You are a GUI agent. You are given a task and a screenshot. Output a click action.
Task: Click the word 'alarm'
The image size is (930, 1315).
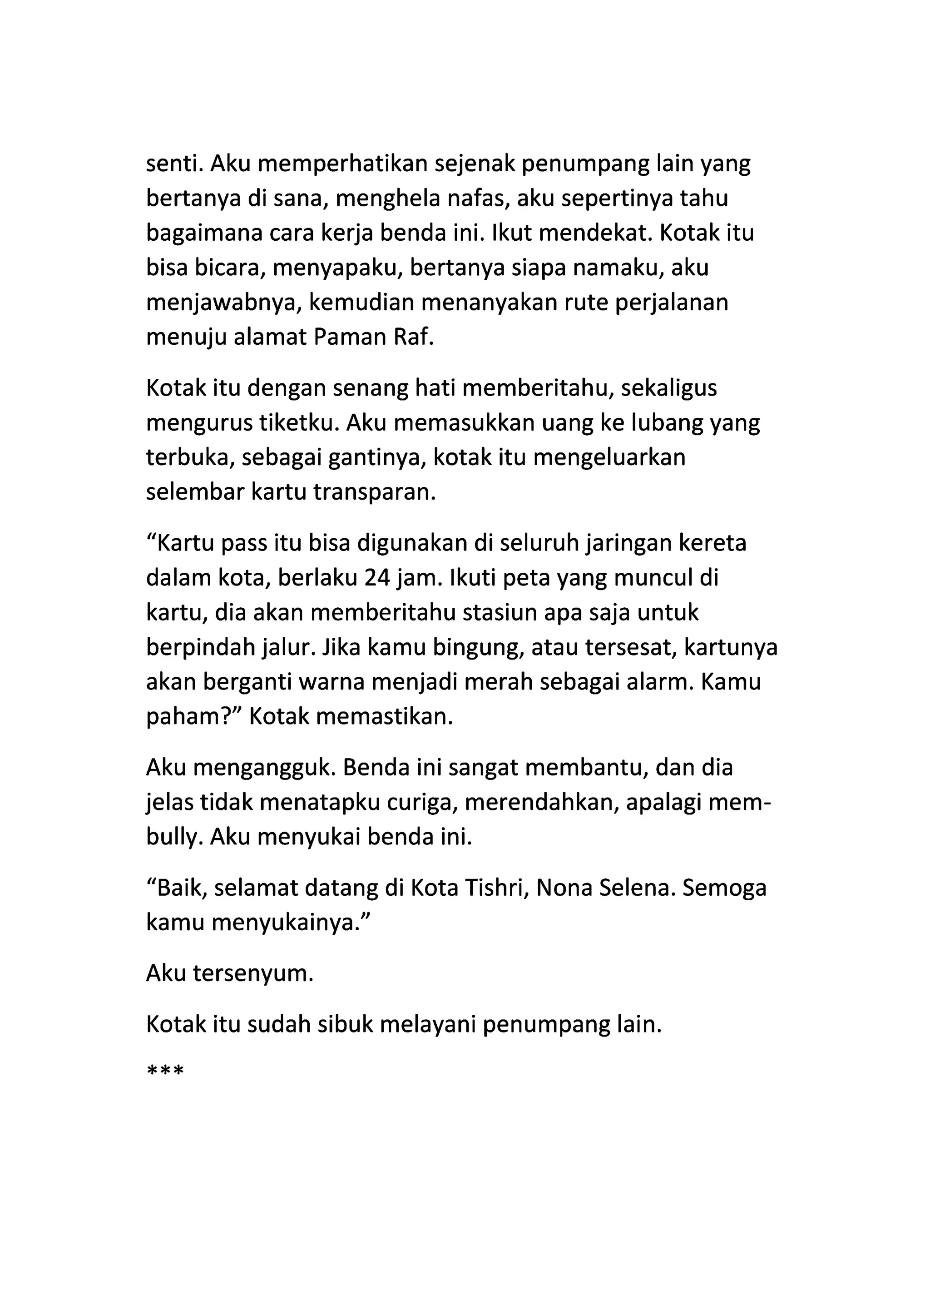[659, 683]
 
